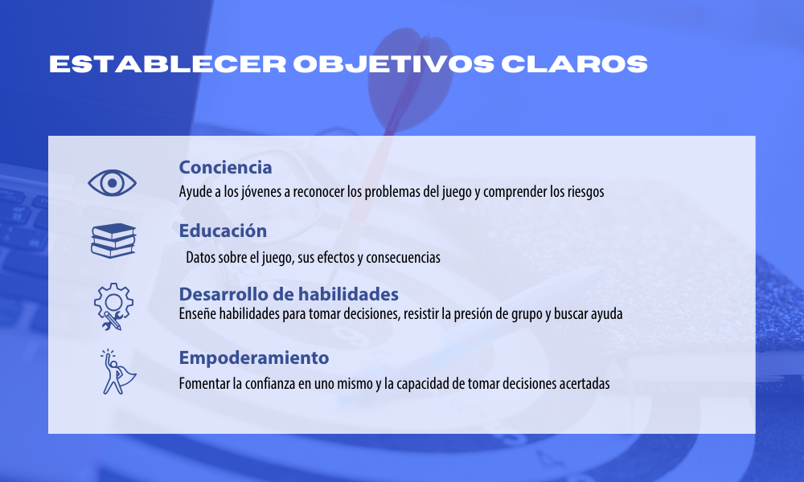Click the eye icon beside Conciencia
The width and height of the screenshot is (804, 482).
tap(112, 183)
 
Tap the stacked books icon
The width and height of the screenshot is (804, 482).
tap(113, 241)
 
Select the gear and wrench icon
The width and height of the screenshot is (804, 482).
tap(113, 306)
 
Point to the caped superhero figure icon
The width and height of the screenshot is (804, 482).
tap(118, 372)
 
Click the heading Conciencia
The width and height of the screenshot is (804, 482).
tap(225, 167)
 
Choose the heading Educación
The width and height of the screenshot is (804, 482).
tap(223, 231)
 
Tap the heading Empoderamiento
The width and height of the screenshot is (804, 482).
tap(254, 357)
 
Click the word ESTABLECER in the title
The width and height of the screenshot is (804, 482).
tap(167, 64)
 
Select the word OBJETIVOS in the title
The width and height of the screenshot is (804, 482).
tap(394, 64)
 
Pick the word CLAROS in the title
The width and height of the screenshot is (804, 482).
tap(574, 64)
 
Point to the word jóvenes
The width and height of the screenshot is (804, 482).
tap(260, 191)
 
